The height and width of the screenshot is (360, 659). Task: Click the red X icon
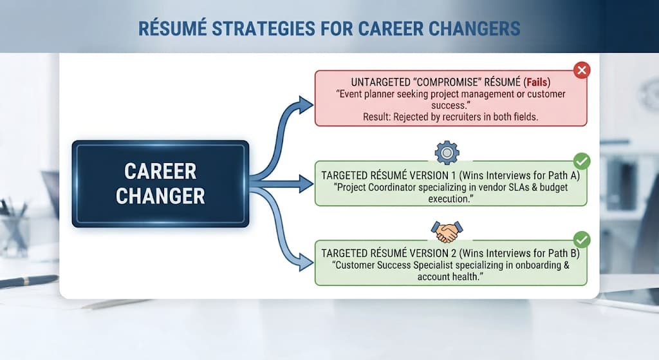point(582,70)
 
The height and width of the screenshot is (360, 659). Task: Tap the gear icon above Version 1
point(447,152)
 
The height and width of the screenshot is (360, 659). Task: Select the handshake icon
point(447,232)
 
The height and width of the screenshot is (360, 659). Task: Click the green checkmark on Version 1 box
point(582,161)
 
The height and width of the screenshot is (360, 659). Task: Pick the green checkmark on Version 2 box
point(582,240)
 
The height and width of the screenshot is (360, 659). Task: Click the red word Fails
point(537,82)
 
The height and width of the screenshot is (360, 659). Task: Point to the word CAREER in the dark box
point(160,171)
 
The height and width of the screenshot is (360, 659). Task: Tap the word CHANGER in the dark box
point(160,196)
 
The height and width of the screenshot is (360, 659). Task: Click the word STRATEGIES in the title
point(263,29)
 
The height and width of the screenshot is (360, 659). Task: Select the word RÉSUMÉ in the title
point(172,28)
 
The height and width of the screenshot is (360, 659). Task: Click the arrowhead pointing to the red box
point(306,105)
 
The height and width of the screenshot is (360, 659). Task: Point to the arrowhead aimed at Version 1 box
point(306,184)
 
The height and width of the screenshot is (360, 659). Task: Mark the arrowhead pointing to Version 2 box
point(306,262)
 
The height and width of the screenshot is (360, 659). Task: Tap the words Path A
point(563,175)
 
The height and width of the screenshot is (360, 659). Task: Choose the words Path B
point(563,253)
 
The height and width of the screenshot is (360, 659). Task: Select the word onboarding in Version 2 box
point(534,265)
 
